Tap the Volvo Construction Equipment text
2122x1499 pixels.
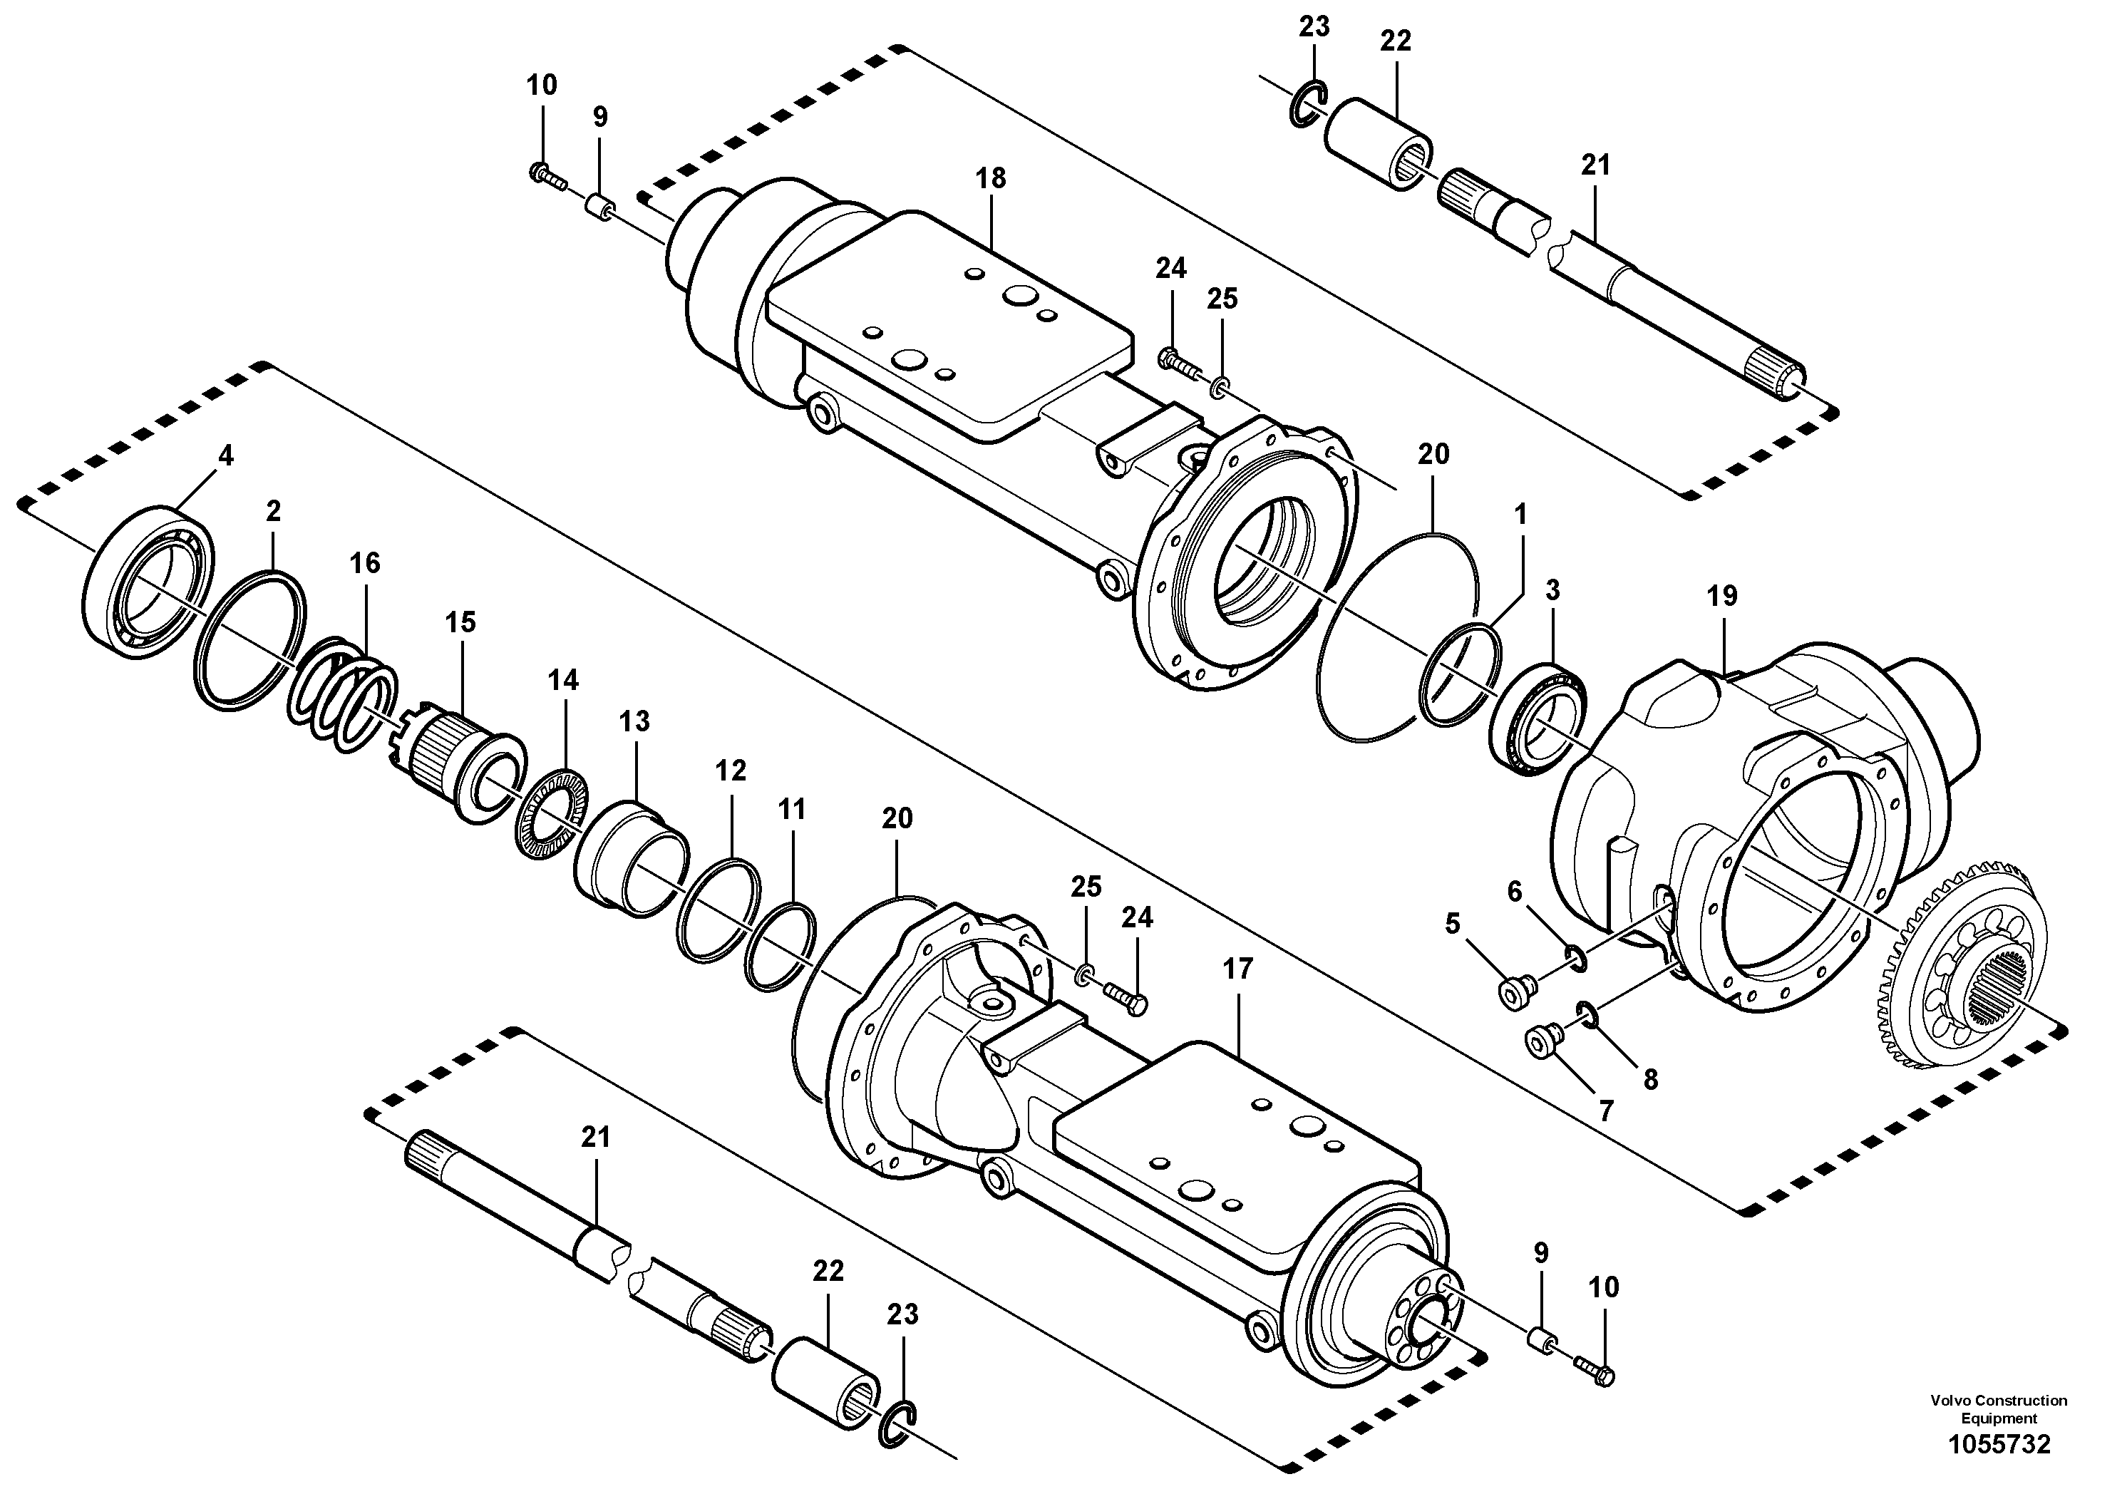tap(1998, 1408)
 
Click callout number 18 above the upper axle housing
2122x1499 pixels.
tap(991, 178)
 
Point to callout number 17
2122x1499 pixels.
tap(1237, 969)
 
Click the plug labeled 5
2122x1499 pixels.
tap(1515, 991)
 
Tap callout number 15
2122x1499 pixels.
tap(460, 623)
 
